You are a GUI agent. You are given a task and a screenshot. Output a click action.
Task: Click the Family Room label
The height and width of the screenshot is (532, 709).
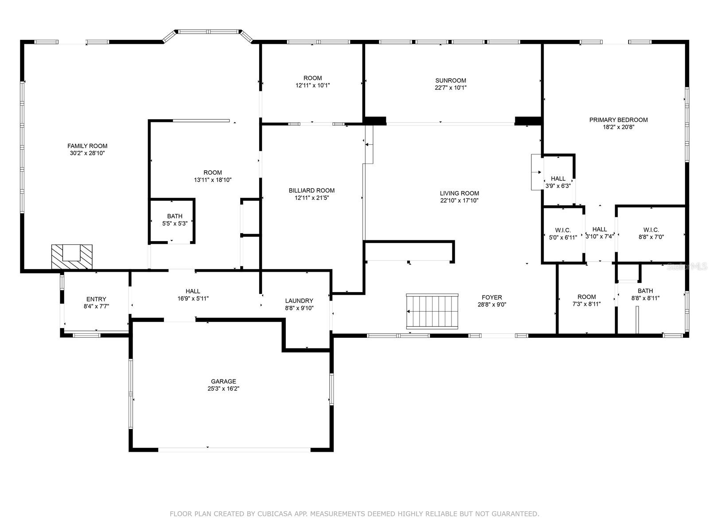coord(87,146)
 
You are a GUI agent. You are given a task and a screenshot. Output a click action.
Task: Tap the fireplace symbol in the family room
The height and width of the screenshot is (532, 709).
coord(71,257)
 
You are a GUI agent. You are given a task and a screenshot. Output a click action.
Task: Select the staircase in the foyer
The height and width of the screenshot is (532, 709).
coord(432,311)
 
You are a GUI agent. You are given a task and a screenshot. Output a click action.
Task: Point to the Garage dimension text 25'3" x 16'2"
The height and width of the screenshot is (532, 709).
coord(223,389)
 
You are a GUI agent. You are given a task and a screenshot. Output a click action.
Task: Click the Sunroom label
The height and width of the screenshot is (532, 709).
coord(451,81)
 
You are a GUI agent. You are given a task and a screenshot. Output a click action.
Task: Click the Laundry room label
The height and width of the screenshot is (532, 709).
coord(299,301)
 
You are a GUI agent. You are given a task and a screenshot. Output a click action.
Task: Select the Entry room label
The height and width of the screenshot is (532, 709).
coord(96,299)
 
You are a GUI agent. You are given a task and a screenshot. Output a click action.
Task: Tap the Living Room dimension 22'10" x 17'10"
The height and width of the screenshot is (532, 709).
coord(460,200)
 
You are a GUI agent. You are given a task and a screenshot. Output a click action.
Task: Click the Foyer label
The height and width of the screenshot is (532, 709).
coord(492,297)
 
